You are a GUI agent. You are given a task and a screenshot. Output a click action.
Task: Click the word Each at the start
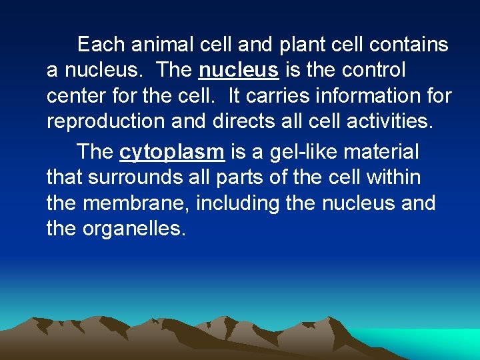click(101, 45)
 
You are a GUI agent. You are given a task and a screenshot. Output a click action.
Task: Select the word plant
click(301, 45)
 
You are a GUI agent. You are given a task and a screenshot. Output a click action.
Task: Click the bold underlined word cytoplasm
click(172, 152)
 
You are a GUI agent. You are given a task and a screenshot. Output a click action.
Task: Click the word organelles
click(133, 229)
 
